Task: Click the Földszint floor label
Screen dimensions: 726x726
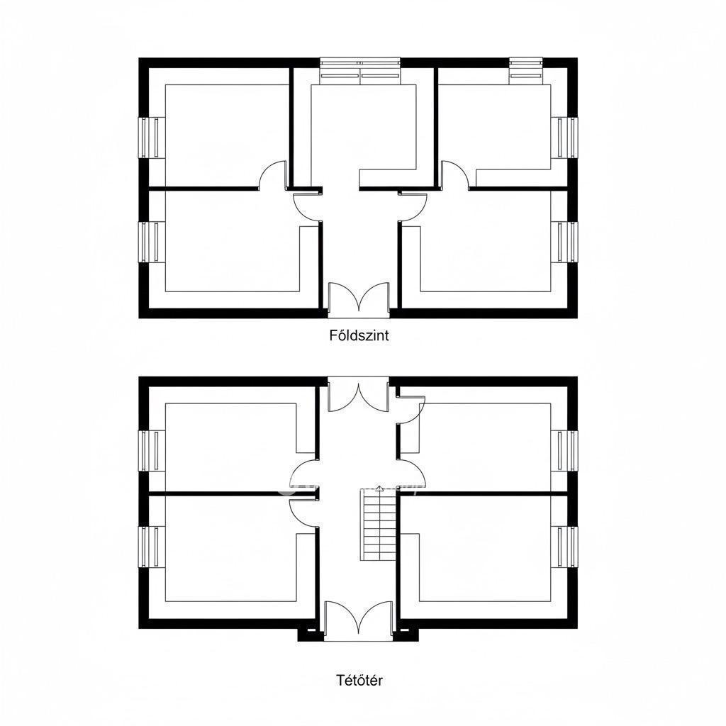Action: tap(359, 335)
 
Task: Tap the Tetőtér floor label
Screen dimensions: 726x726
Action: tap(359, 681)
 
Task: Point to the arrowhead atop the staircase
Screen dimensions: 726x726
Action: tap(379, 488)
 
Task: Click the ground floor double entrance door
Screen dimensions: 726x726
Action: tap(359, 300)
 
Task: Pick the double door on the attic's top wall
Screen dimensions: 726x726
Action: tap(358, 393)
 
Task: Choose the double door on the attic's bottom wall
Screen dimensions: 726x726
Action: tap(358, 621)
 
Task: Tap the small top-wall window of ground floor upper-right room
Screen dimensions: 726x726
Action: tap(526, 71)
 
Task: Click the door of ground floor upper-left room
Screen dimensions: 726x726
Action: tap(273, 175)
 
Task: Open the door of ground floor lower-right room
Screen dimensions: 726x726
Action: tap(413, 207)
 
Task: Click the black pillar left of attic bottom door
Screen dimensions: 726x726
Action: tap(311, 635)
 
